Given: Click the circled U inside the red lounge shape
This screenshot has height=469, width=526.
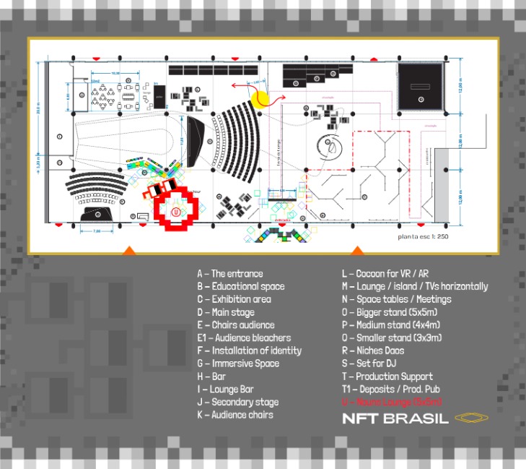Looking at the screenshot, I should click(175, 212).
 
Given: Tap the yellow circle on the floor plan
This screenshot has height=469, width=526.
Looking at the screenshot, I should click(258, 99).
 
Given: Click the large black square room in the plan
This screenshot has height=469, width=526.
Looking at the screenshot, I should click(419, 86).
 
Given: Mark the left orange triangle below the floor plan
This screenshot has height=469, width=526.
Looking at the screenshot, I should click(128, 250).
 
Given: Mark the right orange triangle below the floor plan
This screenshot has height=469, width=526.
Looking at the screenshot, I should click(356, 250).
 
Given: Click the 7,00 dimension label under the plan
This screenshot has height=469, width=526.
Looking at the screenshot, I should click(97, 231).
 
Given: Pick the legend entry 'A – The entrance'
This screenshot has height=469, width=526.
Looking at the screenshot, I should click(230, 274).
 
